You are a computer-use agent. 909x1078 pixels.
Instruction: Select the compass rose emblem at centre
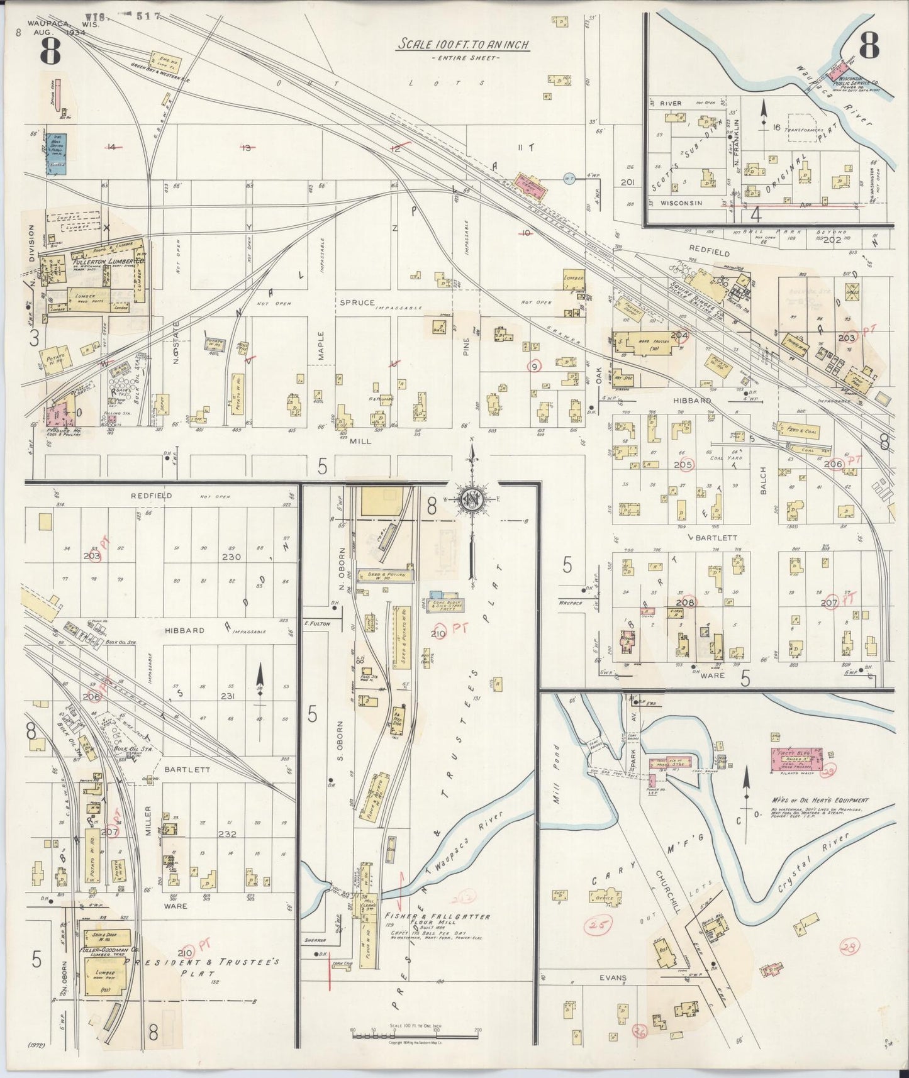click(x=471, y=499)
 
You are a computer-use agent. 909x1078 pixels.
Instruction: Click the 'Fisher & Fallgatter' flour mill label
click(x=437, y=917)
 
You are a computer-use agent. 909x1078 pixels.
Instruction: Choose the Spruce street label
click(x=357, y=302)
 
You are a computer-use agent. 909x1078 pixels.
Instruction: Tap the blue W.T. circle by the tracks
click(x=570, y=178)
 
